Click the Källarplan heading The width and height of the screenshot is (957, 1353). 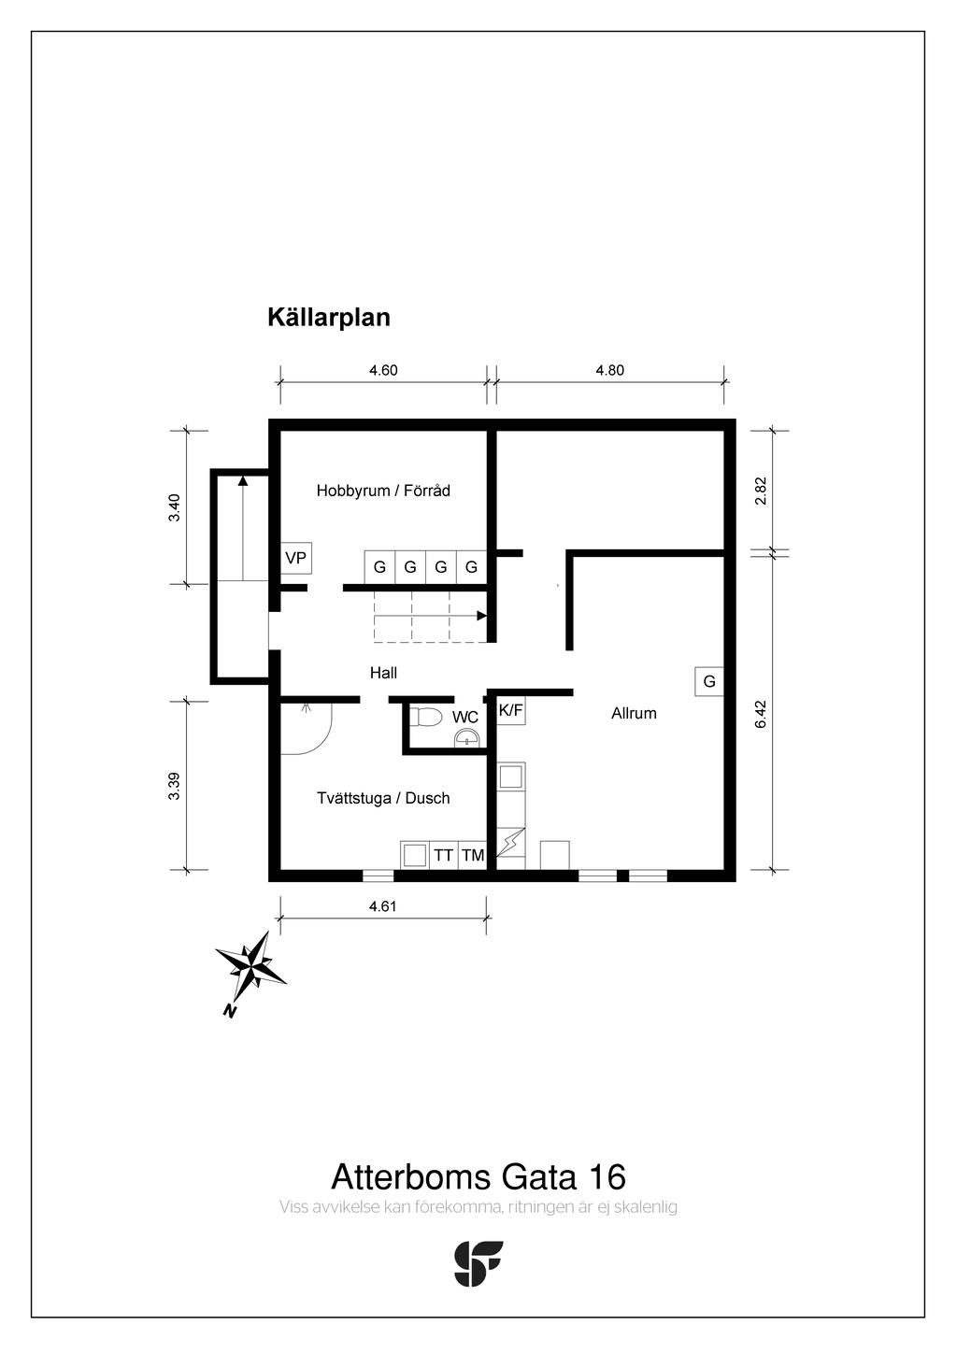point(328,318)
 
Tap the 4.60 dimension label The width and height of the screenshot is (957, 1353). point(383,370)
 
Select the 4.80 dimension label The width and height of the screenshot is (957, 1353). point(609,370)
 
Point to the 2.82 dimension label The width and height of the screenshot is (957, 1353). point(760,491)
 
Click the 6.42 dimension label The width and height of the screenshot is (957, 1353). point(760,714)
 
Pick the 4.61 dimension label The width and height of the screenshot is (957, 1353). point(383,905)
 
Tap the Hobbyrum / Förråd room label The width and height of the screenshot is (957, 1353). point(383,491)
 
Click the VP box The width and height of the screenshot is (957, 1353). point(296,559)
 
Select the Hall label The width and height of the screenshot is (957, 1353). point(383,673)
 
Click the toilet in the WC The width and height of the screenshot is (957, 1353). point(426,718)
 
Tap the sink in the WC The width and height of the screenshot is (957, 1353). point(466,739)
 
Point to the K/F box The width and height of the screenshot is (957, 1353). point(510,710)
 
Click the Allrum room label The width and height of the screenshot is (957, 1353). point(634,713)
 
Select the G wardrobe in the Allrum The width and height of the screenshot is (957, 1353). point(709,681)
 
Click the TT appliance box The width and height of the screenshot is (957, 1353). point(443,855)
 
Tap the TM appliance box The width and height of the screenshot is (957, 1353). point(473,855)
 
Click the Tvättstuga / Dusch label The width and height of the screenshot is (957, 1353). point(383,798)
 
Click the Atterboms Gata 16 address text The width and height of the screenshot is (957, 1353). point(478,1175)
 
